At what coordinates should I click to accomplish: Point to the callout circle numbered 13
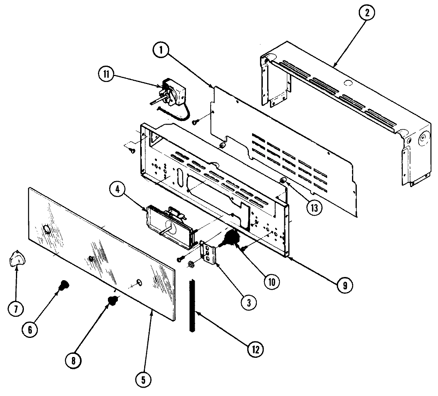point(314,208)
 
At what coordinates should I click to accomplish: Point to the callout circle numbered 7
point(16,309)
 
